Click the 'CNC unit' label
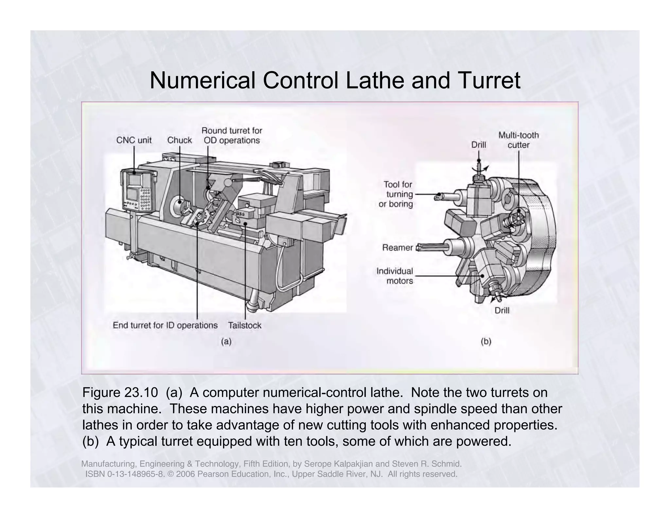click(134, 140)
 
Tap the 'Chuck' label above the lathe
click(179, 140)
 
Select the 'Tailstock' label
click(244, 325)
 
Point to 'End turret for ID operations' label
click(165, 325)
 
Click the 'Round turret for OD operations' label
click(232, 136)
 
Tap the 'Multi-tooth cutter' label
click(518, 140)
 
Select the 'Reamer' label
click(397, 248)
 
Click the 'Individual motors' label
click(395, 276)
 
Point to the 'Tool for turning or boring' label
click(396, 194)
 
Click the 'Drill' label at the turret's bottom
click(502, 310)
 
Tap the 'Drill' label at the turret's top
click(478, 145)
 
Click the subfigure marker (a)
click(226, 342)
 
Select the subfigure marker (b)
click(486, 342)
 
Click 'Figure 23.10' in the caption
click(120, 393)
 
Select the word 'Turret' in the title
click(487, 81)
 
